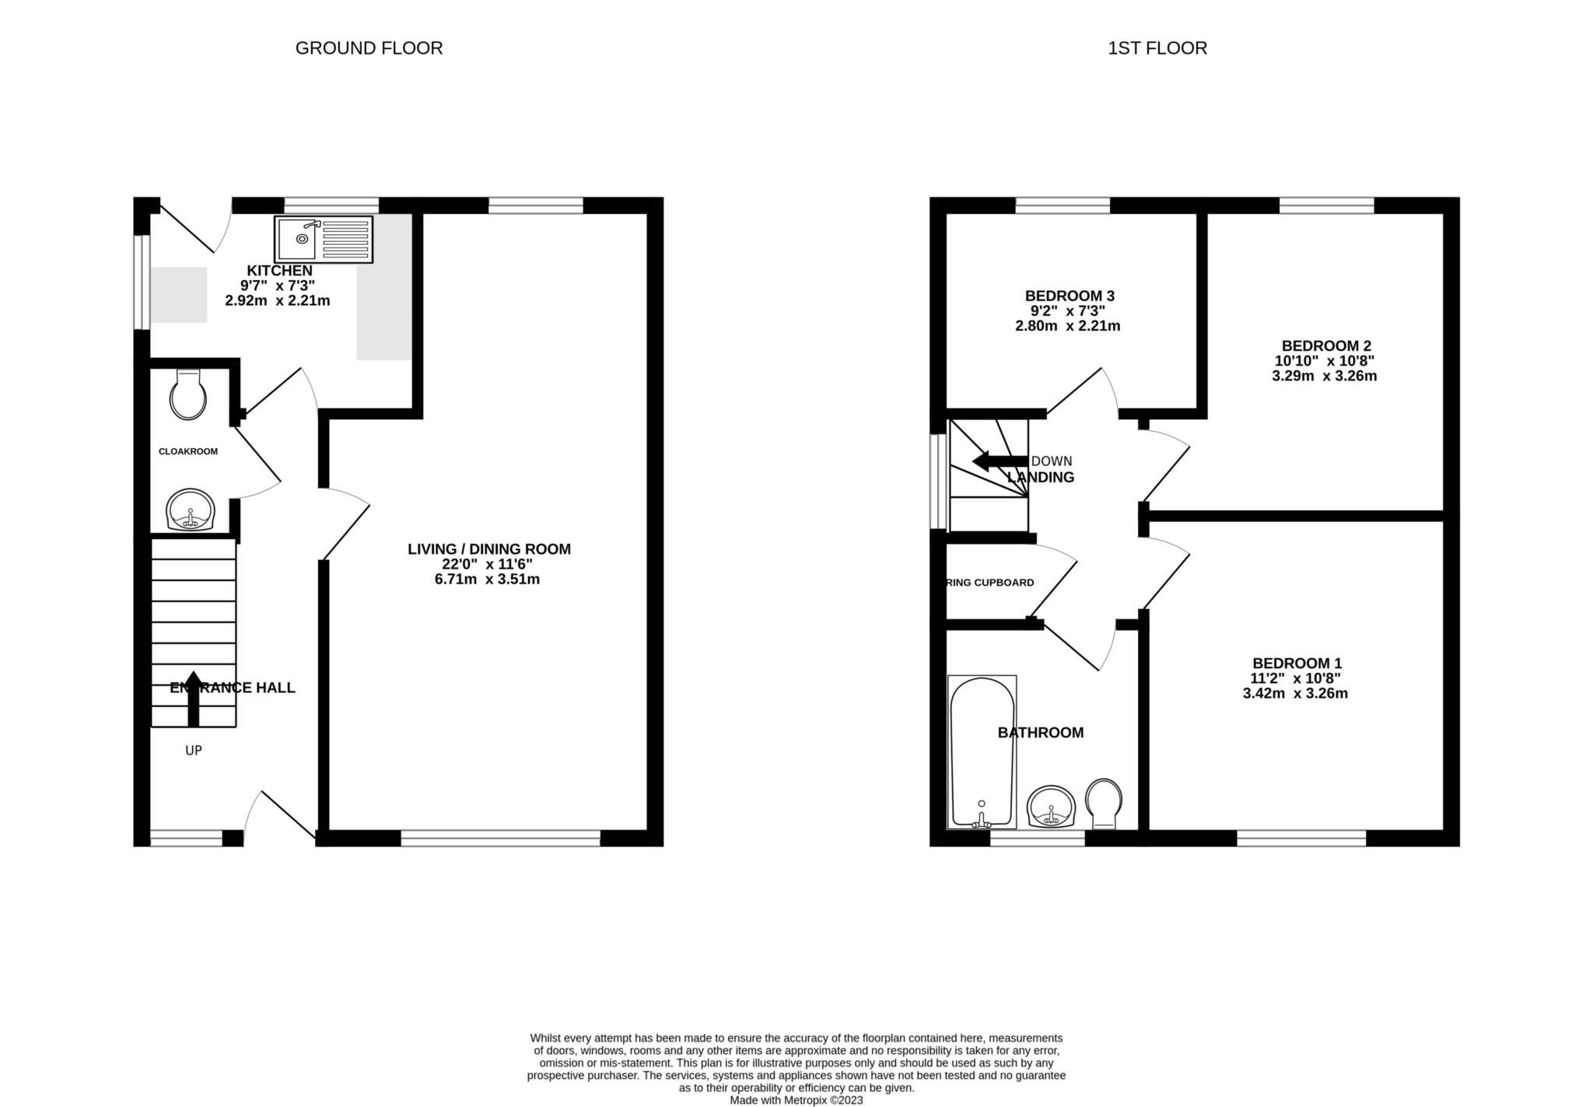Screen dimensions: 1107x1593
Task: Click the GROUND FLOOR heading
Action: click(369, 48)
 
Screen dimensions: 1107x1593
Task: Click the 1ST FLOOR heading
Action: click(1157, 48)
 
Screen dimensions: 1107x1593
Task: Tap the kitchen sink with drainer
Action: click(324, 239)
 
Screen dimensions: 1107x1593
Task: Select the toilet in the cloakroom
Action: click(188, 395)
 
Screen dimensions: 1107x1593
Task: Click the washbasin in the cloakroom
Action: click(190, 510)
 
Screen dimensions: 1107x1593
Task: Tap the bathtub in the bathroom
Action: click(981, 752)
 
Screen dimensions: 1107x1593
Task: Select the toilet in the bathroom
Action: click(1104, 803)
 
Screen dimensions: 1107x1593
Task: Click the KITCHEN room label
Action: click(279, 271)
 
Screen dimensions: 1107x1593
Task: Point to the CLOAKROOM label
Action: click(188, 451)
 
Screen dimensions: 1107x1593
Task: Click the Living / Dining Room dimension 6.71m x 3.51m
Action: click(487, 580)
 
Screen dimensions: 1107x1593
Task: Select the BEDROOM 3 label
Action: click(1070, 296)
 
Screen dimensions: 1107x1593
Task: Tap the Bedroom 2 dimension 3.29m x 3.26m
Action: click(1324, 377)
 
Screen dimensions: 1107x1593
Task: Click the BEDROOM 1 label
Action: click(1297, 663)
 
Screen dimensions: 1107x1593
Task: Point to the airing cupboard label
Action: click(989, 583)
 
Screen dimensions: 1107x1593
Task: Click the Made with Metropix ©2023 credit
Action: click(796, 1100)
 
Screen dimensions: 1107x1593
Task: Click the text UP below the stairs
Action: click(194, 751)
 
